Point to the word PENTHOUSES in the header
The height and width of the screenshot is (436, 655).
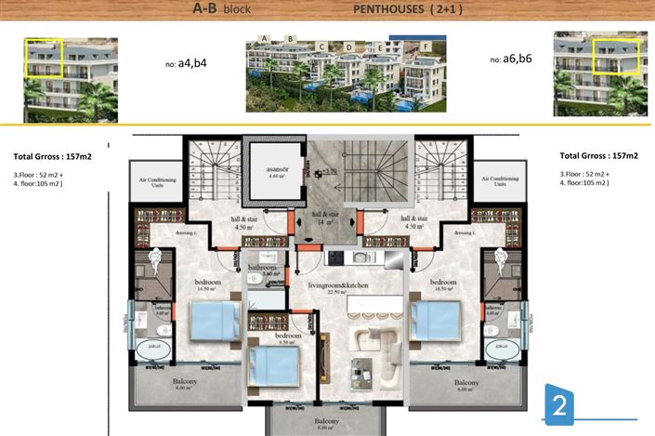point(386,9)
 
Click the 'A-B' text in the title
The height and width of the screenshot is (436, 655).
point(207,9)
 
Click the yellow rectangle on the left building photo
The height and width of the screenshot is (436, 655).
point(43,58)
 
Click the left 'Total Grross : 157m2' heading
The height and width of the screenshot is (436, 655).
point(59,156)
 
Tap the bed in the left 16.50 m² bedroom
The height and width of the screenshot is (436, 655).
point(216,323)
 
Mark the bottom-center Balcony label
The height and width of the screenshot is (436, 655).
point(326,421)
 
